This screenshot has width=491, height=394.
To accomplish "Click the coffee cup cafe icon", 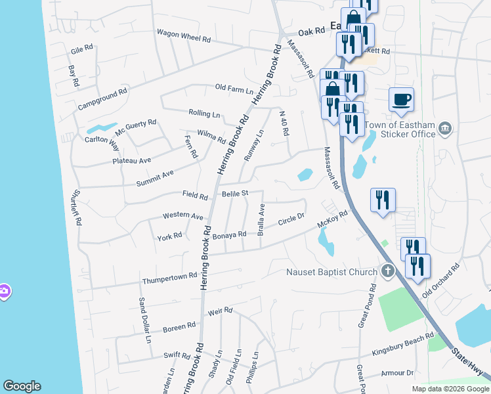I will (401, 100).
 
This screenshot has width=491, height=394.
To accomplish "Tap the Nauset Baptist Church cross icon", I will (388, 271).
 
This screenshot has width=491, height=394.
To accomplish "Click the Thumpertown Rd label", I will (170, 278).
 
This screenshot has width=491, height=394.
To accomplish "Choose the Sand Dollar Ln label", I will (144, 320).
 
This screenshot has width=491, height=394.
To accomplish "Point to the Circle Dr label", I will (291, 220).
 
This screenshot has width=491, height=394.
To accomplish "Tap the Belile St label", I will (234, 194).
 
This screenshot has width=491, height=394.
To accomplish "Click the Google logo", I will (22, 386).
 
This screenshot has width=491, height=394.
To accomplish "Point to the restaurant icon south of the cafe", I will (382, 200).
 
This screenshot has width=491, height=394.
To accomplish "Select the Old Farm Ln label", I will (234, 87).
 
